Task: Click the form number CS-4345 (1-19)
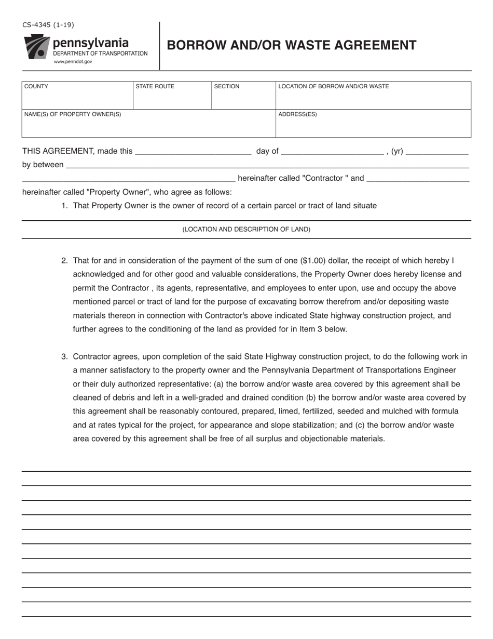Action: point(48,24)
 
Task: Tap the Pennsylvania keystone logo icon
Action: point(36,47)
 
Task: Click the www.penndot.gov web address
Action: point(73,61)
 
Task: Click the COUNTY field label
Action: point(36,86)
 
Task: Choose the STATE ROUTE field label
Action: point(155,86)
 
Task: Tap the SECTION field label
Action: point(227,86)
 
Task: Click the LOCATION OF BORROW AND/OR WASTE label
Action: point(333,86)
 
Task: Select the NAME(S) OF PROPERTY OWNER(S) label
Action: point(73,114)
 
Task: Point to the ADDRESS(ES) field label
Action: point(297,114)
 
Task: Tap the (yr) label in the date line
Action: point(397,151)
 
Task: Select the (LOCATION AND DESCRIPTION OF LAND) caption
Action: point(246,229)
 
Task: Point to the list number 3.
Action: point(64,356)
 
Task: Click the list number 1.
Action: point(64,206)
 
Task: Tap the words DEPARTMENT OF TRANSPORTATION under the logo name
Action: point(100,54)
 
